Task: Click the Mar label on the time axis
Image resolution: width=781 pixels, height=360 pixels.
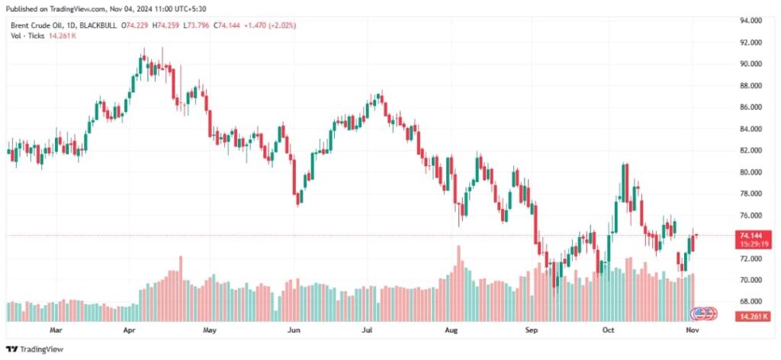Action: pyautogui.click(x=55, y=331)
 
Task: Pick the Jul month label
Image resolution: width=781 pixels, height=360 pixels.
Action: pyautogui.click(x=368, y=331)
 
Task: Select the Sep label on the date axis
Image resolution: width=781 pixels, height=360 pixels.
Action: pyautogui.click(x=532, y=331)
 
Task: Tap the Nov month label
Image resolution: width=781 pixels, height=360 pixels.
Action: pyautogui.click(x=691, y=331)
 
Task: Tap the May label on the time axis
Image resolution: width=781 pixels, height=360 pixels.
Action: pyautogui.click(x=211, y=331)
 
